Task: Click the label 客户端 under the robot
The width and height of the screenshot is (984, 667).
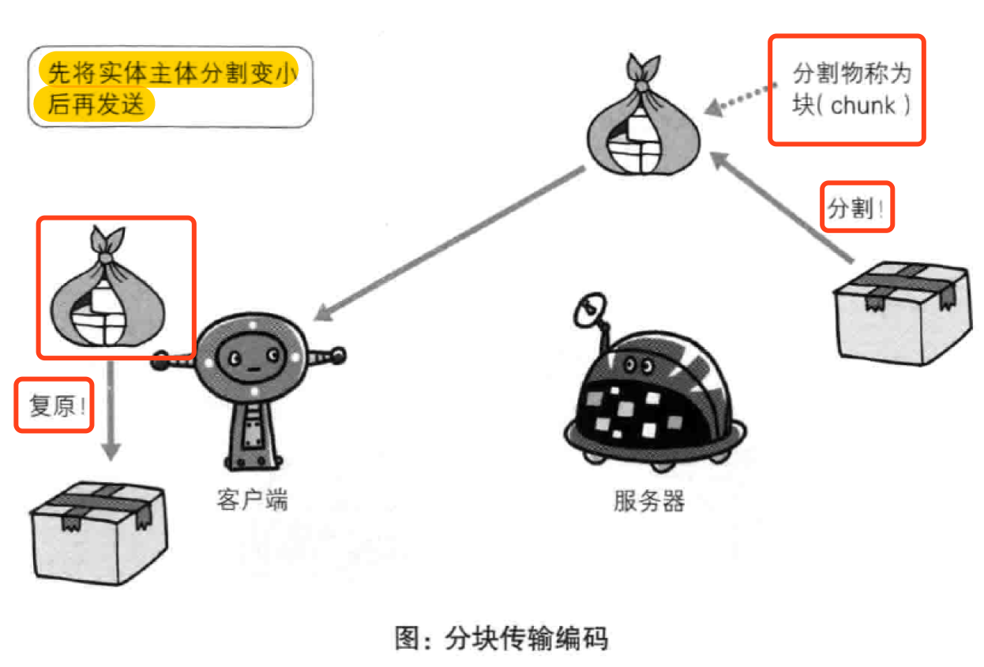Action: pyautogui.click(x=252, y=500)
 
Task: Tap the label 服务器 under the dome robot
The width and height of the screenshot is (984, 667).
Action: pyautogui.click(x=648, y=501)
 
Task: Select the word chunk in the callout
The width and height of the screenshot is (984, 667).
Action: pyautogui.click(x=863, y=107)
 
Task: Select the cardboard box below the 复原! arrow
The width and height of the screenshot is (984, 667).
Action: pyautogui.click(x=99, y=529)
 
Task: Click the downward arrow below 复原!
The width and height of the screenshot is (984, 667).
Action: pyautogui.click(x=112, y=411)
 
